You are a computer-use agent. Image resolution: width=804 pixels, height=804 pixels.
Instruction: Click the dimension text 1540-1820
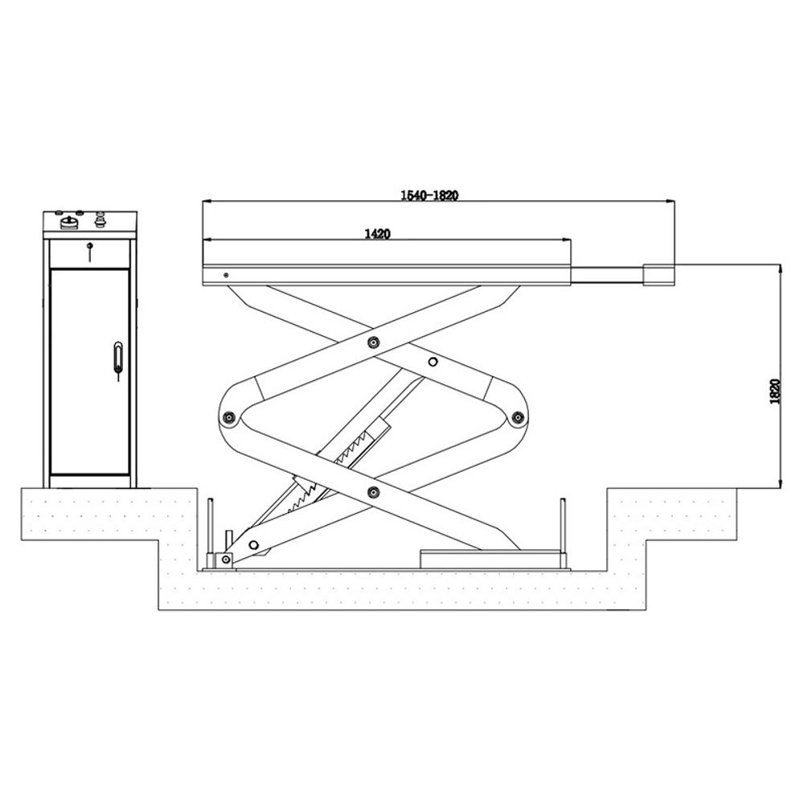tap(429, 195)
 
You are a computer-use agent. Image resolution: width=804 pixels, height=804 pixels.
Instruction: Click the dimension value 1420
tap(378, 234)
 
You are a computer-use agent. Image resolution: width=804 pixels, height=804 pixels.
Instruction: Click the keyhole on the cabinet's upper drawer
tap(91, 247)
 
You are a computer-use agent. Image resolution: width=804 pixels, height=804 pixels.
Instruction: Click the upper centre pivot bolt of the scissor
tap(372, 343)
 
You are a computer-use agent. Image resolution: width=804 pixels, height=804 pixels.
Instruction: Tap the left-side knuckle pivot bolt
tap(230, 417)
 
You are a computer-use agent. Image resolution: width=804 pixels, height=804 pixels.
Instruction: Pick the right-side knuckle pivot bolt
tap(518, 417)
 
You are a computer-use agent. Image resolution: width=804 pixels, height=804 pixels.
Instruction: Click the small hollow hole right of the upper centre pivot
tap(433, 362)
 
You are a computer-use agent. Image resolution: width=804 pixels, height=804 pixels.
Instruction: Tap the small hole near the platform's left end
tap(226, 274)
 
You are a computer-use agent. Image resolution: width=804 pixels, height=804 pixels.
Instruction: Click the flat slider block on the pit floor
tap(490, 558)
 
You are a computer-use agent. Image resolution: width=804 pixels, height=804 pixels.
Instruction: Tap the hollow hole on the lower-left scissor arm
tap(254, 544)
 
